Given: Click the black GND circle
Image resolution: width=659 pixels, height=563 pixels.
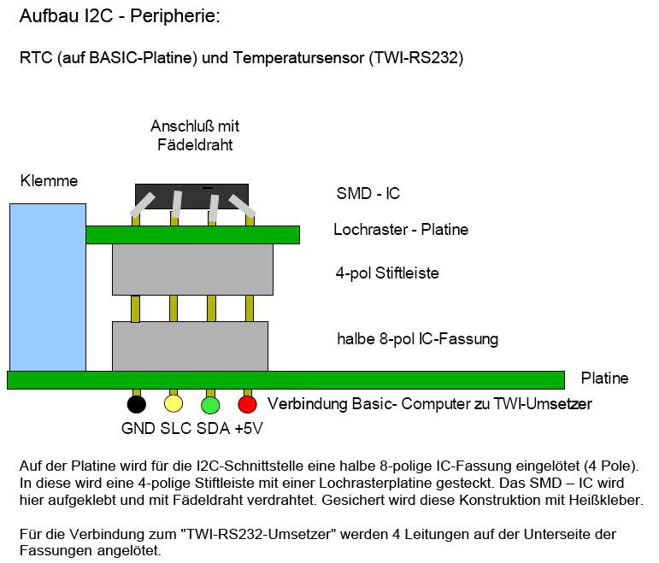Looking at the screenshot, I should point(136,403).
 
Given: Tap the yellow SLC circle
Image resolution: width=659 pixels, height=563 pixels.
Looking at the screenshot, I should point(173,403).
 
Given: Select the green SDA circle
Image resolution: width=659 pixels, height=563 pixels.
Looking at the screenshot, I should point(210,403).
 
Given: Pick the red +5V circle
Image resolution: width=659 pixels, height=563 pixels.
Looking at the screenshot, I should point(247,403).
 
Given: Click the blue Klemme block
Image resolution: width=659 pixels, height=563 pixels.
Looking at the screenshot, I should point(48,286).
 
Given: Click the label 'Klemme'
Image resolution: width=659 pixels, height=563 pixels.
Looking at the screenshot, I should point(49,181).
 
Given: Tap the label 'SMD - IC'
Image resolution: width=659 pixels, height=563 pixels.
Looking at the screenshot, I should point(368,194).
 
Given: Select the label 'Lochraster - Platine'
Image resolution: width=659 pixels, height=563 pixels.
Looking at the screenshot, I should point(401,230).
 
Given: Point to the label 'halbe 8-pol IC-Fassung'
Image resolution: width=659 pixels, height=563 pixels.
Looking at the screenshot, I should point(417,339).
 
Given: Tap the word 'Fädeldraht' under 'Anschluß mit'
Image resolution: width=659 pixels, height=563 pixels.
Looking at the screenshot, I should point(195,145).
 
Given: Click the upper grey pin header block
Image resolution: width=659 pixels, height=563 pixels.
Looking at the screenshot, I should point(192,269).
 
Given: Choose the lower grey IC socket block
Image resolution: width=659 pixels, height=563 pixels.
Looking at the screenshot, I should point(190,346).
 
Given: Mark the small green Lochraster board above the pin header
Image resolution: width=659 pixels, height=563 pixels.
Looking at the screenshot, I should point(192,234).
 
